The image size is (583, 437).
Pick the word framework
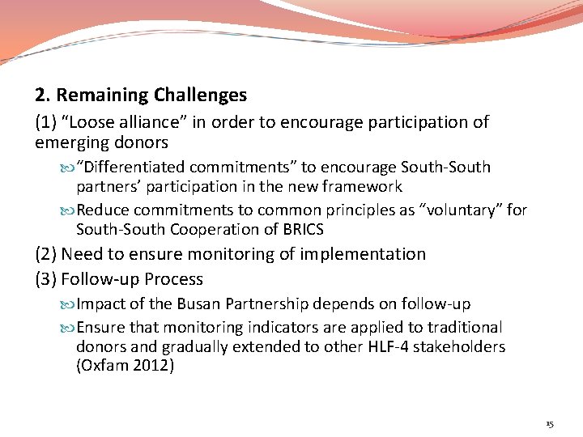pos(362,187)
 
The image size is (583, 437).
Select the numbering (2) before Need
pos(46,254)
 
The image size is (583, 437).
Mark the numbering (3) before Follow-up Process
pos(46,279)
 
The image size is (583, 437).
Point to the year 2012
pos(154,367)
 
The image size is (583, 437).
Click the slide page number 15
pos(550,423)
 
